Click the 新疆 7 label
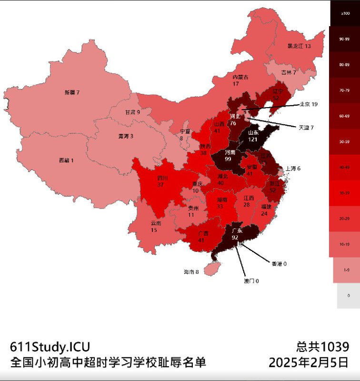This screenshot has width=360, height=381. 72,92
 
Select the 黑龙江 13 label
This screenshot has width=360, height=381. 299,46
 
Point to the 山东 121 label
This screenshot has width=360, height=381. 253,136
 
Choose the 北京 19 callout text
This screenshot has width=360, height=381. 308,104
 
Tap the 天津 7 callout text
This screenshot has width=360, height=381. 306,128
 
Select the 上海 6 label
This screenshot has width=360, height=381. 293,169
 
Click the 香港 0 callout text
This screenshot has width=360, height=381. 279,263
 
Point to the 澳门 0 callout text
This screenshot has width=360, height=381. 251,281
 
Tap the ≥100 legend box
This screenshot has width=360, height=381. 345,13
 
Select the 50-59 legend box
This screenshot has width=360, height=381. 345,141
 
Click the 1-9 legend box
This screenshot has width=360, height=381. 345,270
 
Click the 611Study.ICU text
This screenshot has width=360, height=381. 50,347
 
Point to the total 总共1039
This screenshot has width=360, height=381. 322,347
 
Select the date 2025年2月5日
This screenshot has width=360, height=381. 309,363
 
